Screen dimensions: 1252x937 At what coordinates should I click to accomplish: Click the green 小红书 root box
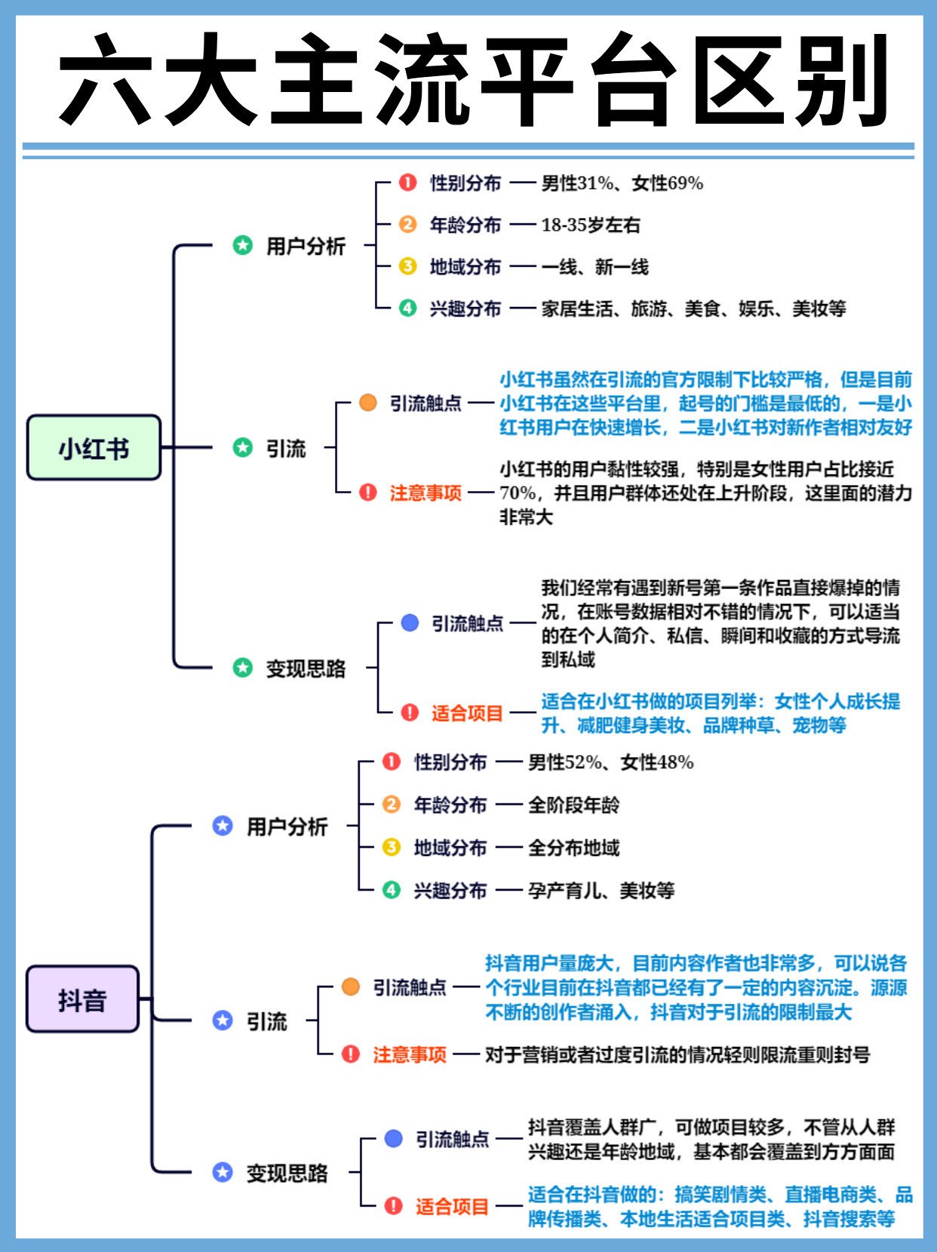point(94,448)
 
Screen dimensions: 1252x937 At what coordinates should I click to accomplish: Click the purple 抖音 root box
point(83,999)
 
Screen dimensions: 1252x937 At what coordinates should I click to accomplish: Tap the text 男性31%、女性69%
point(622,183)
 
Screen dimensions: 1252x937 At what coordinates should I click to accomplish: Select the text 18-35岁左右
point(590,225)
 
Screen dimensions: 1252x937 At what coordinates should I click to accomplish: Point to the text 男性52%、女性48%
point(610,763)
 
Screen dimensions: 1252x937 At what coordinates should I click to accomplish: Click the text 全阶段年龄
point(573,805)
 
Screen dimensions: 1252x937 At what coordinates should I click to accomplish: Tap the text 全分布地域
point(573,848)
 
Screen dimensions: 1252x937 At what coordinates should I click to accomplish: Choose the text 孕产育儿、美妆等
point(601,891)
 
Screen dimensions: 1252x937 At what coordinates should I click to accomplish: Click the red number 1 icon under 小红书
point(407,183)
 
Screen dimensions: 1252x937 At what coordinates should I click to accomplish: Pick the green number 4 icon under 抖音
point(391,890)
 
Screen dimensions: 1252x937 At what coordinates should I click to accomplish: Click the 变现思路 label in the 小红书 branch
point(306,668)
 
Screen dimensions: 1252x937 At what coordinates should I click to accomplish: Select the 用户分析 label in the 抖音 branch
point(287,827)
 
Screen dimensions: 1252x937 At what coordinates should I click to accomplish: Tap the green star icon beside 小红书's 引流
point(242,447)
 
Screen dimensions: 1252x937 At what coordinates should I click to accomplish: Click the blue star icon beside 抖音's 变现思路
point(223,1172)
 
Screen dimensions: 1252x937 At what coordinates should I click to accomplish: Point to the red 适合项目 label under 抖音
point(452,1206)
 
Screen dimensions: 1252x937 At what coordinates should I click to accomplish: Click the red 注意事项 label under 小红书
point(425,493)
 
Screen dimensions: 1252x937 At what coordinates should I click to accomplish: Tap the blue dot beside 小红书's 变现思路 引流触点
point(410,623)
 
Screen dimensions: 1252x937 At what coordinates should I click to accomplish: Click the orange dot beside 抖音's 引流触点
point(350,987)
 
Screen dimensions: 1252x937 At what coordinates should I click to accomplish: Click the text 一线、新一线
point(594,267)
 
